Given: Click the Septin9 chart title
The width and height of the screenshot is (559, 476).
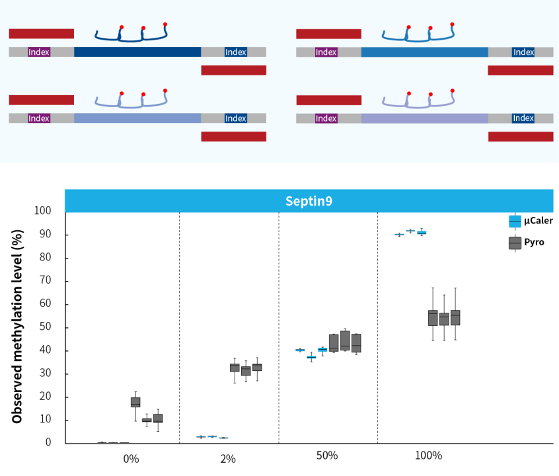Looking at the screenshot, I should coord(309,201).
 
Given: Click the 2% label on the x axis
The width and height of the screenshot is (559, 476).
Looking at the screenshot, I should coord(228,458).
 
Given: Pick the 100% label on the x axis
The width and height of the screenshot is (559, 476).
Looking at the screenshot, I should coord(429,456).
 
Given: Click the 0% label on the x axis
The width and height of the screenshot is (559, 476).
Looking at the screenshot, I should coord(131,458).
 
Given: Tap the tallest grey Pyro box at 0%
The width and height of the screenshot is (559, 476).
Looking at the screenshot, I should coord(135,402).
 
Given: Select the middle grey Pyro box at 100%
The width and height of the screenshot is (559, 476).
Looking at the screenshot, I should coord(444,319).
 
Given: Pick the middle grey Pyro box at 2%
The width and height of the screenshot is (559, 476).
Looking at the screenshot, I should coord(246,370).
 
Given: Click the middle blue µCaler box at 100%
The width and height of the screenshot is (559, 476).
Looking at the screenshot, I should coord(410,231).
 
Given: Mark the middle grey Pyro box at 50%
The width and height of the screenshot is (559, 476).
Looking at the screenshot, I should coord(345,340).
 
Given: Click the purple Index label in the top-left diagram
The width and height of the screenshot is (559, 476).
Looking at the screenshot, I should coord(39,52).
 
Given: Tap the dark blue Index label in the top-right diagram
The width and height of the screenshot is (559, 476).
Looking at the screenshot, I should coord(523,52).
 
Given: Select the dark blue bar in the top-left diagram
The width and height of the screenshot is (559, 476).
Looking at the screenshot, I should coord(137,52).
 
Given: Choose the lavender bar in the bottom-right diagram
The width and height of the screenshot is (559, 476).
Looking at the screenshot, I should coord(424,118).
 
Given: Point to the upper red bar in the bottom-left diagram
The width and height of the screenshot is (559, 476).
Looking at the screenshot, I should coord(41,100).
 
